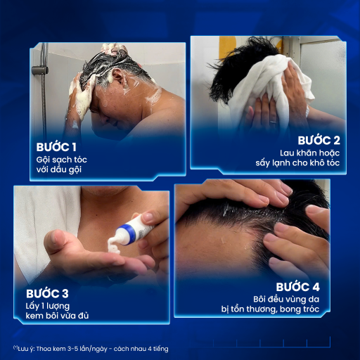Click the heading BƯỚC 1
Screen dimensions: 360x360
coord(56,147)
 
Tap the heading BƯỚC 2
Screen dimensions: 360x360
coord(319,141)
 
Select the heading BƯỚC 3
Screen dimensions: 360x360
coord(47,293)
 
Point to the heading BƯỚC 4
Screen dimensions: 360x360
coord(297,287)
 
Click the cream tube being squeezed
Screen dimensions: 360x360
coord(134,231)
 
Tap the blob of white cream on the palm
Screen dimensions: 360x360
coord(114,245)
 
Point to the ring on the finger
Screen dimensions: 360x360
coord(274,122)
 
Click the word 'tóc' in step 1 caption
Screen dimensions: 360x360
coord(80,160)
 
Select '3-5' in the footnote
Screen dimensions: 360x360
coord(72,349)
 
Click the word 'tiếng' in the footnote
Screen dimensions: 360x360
coord(161,349)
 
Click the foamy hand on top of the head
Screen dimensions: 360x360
coord(114,49)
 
